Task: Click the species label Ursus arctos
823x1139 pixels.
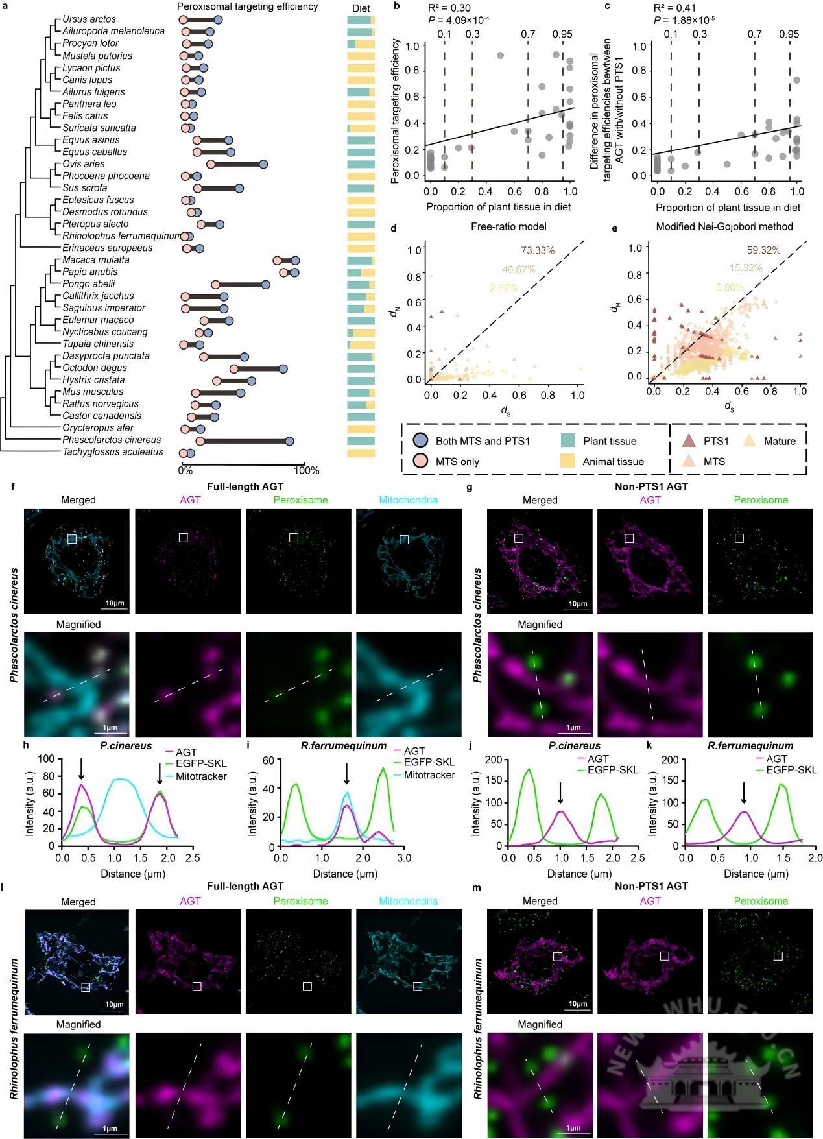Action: tap(89, 19)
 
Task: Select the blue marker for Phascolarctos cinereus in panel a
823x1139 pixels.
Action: tap(289, 441)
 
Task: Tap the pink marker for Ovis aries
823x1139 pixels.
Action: tap(211, 164)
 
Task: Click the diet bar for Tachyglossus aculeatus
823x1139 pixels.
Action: tap(361, 452)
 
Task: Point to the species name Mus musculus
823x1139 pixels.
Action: tap(93, 392)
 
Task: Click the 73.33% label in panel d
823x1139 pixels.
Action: tap(538, 250)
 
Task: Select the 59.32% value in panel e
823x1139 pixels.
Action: tap(763, 250)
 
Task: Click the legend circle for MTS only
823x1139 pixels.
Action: tap(420, 462)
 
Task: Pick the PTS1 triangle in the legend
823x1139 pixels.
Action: tap(689, 441)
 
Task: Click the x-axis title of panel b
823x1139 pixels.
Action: tap(499, 207)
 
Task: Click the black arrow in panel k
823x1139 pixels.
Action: tap(744, 791)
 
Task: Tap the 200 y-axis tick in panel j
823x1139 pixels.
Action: tap(494, 760)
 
